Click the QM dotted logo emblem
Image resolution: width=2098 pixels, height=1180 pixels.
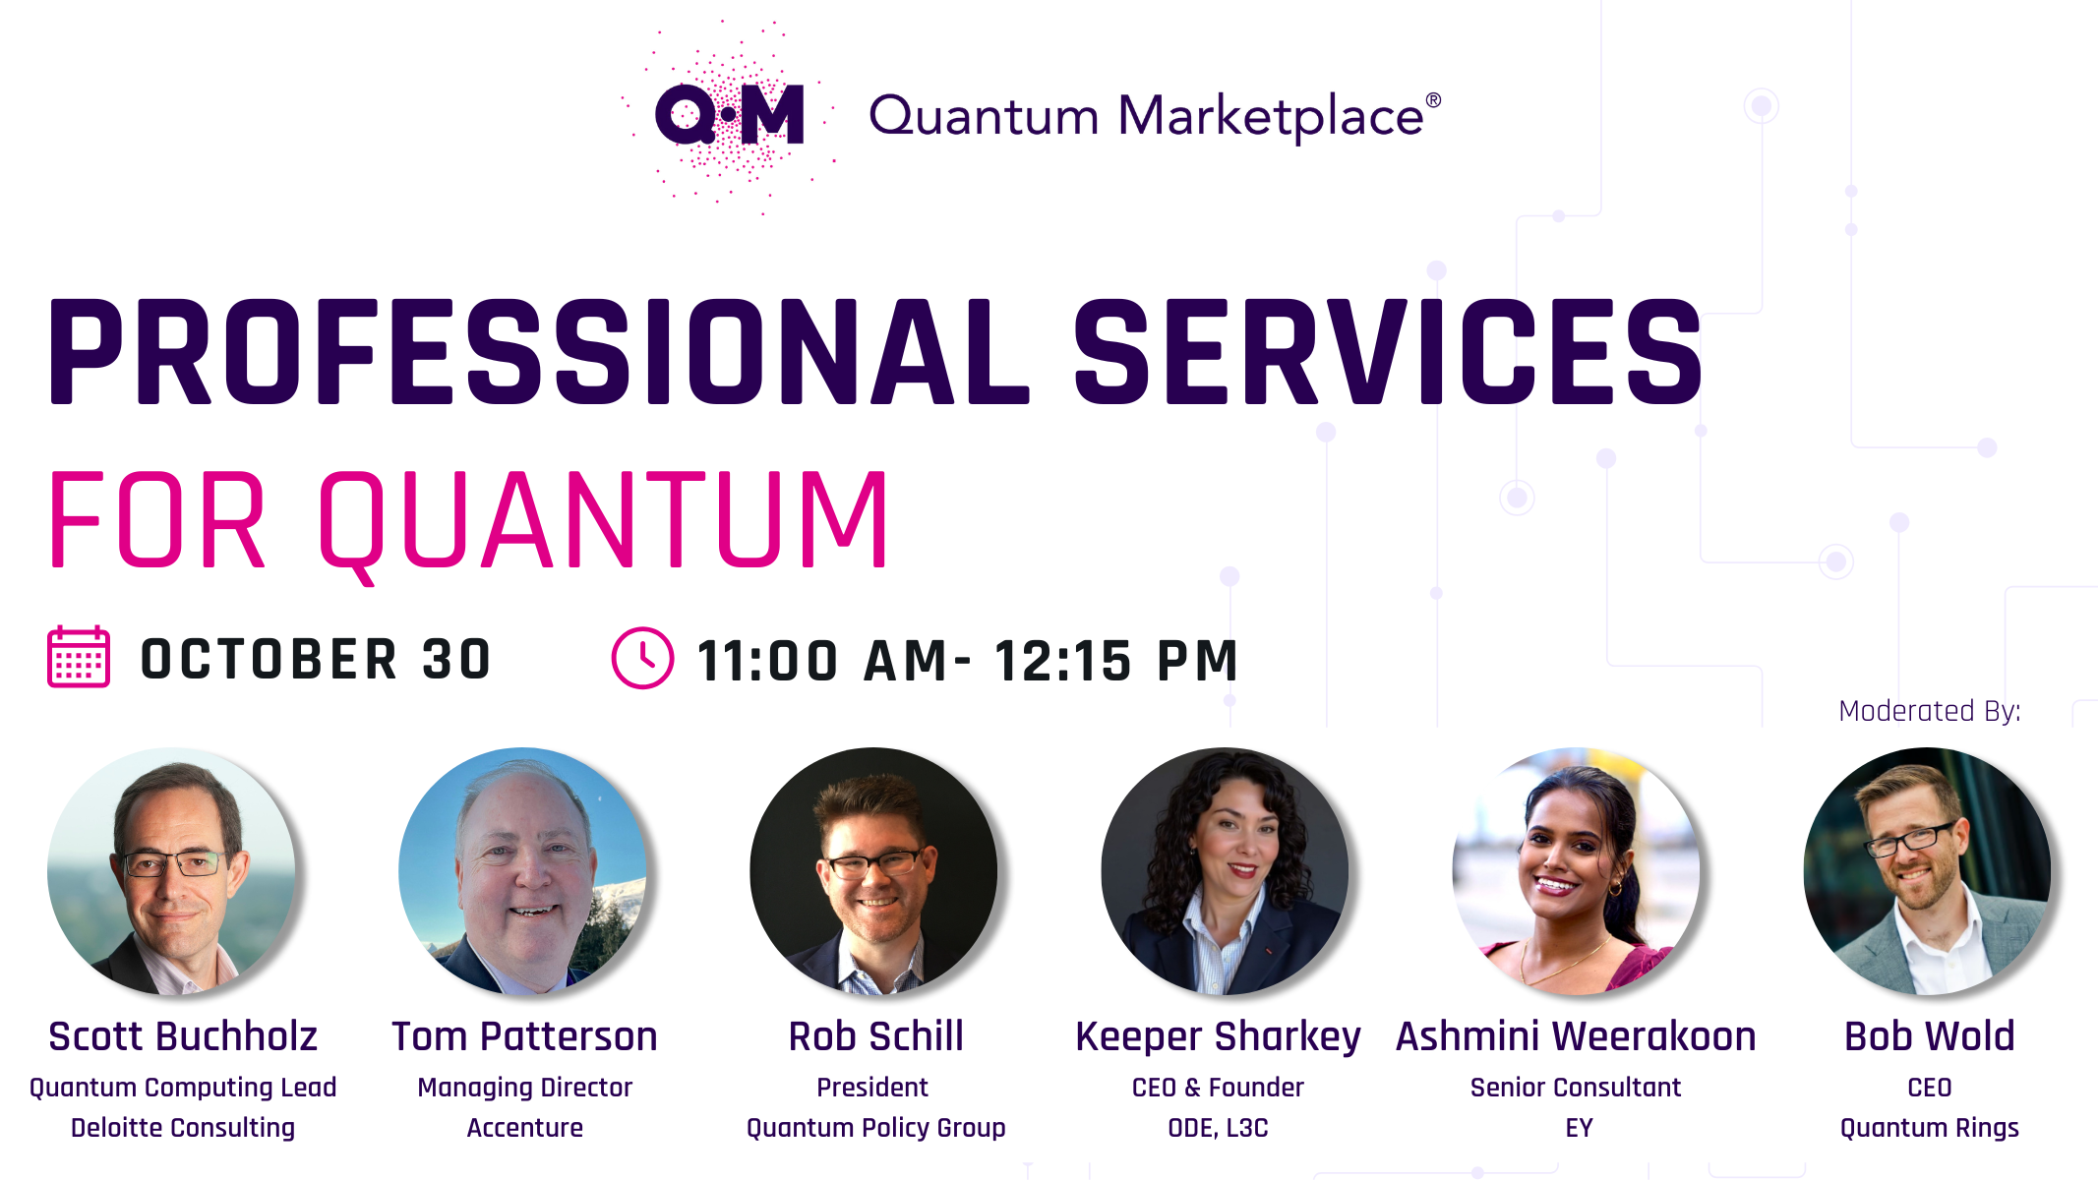coord(729,115)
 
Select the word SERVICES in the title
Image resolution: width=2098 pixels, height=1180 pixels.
coord(1388,352)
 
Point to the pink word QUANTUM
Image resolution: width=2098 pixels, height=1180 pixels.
coord(604,521)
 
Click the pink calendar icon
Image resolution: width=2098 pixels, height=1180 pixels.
coord(79,657)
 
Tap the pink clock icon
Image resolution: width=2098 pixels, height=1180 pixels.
coord(642,658)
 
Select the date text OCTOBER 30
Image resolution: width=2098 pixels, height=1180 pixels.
coord(316,659)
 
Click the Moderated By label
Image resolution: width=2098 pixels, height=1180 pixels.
coord(1930,711)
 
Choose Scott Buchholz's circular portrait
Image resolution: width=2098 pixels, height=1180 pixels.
coord(171,871)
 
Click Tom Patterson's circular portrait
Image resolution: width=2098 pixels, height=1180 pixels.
coord(522,871)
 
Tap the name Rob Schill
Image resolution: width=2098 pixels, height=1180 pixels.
coord(875,1036)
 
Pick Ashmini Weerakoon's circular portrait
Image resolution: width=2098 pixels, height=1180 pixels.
coord(1576,871)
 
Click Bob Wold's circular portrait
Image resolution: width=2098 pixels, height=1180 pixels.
coord(1928,871)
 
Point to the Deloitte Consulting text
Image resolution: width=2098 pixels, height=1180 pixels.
coord(183,1128)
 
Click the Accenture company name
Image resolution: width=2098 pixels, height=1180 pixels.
coord(524,1128)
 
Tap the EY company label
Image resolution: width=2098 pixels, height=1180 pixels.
coord(1579,1128)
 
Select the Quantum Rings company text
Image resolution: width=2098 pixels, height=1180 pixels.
coord(1929,1128)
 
